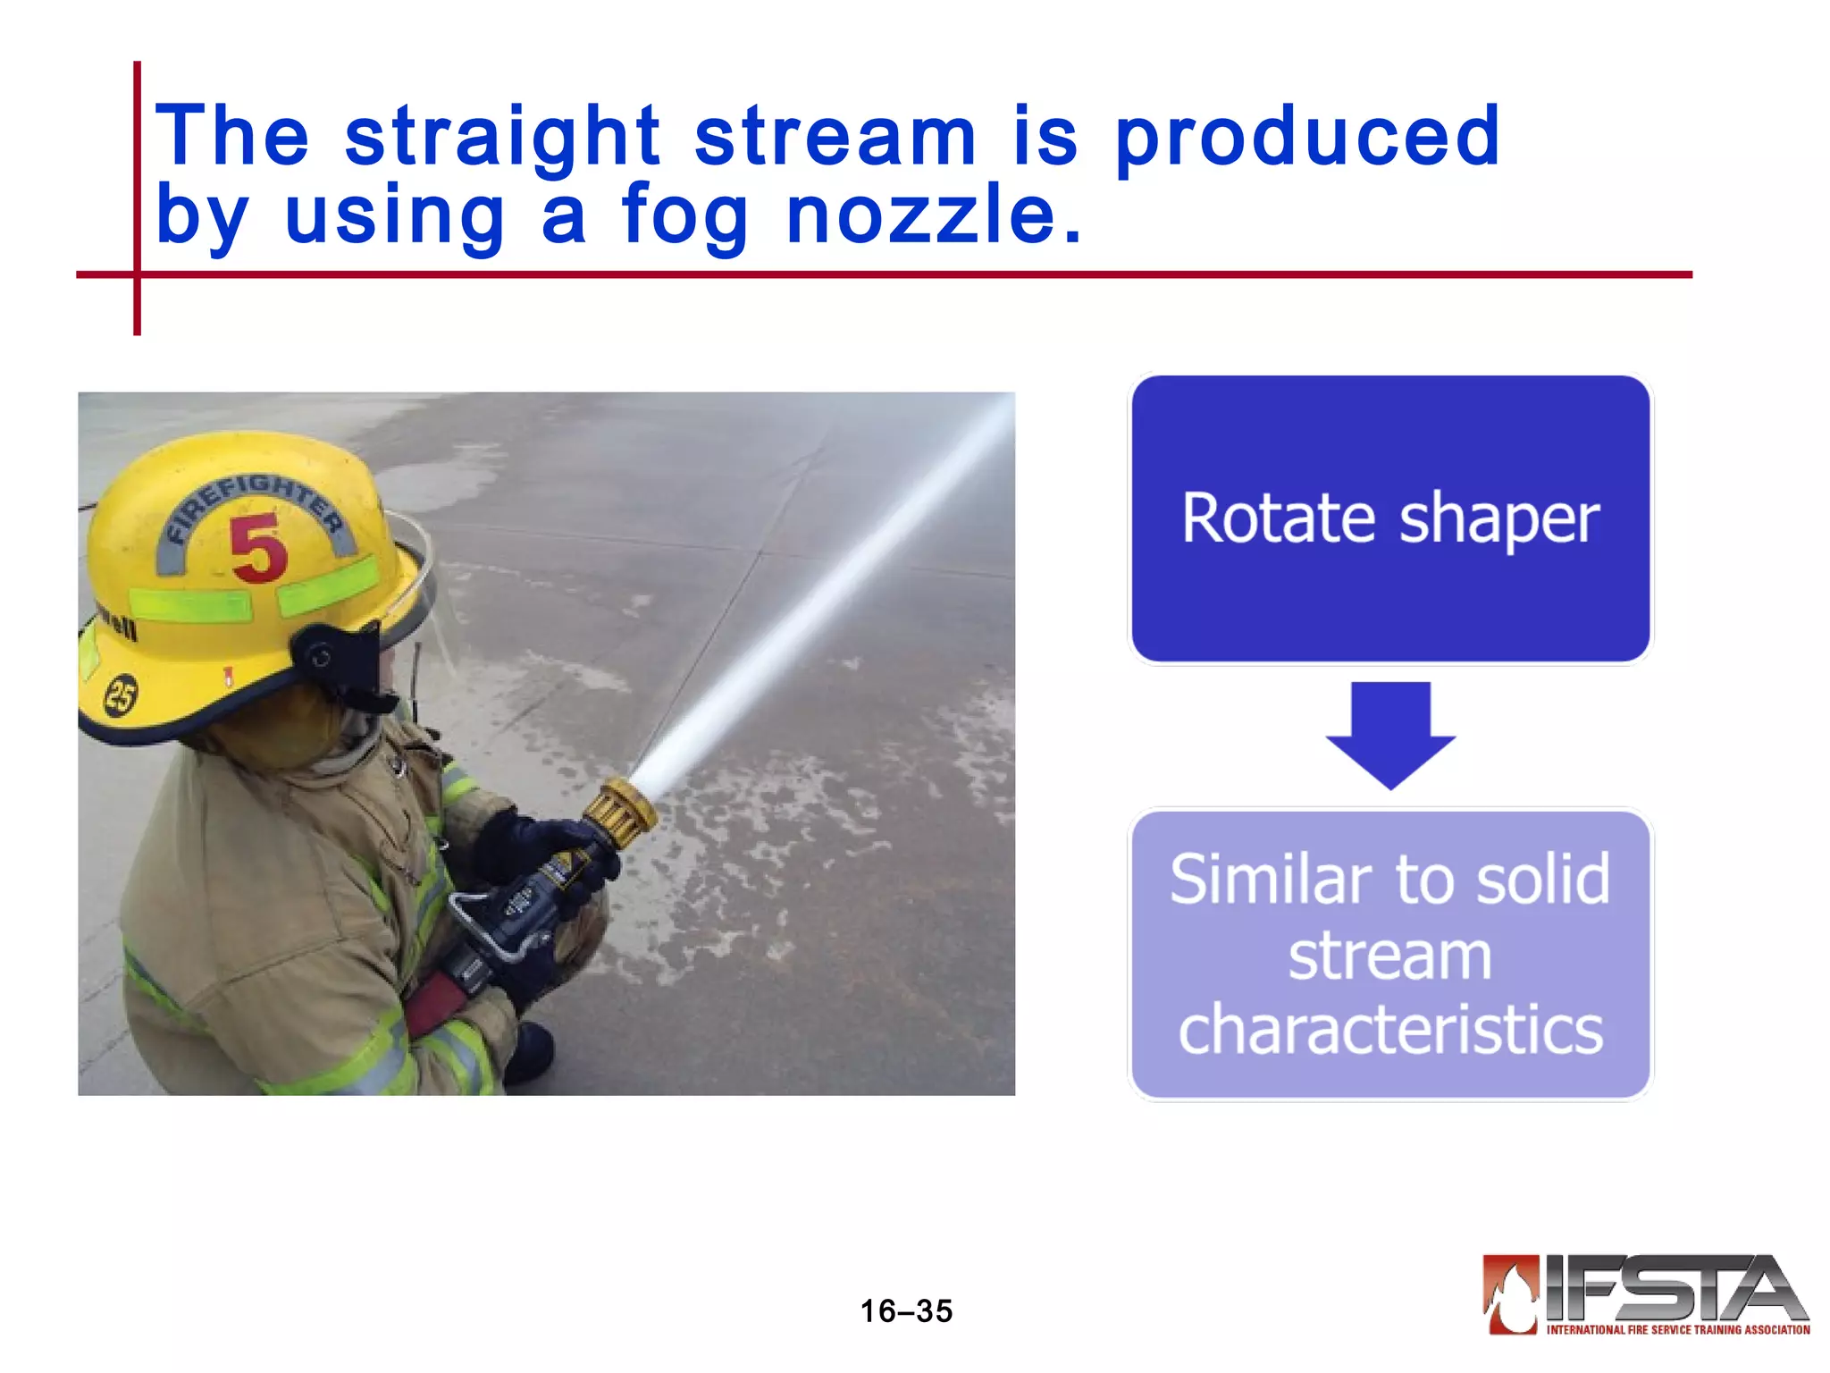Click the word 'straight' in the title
pos(502,137)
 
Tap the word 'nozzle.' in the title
pos(934,215)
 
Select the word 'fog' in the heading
pos(684,215)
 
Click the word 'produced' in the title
pos(1307,137)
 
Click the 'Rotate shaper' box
pos(1390,518)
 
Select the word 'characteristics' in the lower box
pos(1390,1030)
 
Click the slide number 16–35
pos(906,1310)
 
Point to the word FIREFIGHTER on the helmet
pos(256,501)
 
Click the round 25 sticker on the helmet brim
pos(122,695)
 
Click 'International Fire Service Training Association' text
pos(1677,1329)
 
